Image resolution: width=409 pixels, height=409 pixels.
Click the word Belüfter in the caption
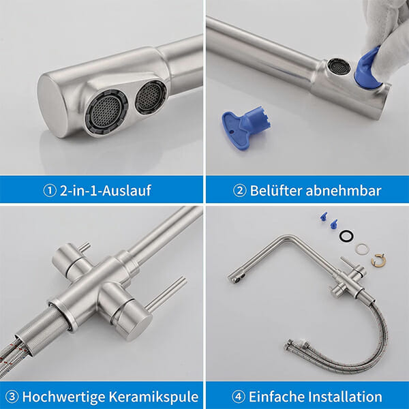276,190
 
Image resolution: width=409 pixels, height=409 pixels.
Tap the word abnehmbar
344,190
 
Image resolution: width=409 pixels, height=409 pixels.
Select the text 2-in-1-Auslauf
106,190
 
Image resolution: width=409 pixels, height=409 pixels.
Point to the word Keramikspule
153,397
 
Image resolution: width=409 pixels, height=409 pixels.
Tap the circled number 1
50,191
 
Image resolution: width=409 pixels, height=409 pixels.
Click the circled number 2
239,191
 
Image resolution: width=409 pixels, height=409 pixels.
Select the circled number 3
12,397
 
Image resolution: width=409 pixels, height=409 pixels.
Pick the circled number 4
239,397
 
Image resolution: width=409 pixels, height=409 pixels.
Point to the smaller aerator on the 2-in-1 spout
151,97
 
